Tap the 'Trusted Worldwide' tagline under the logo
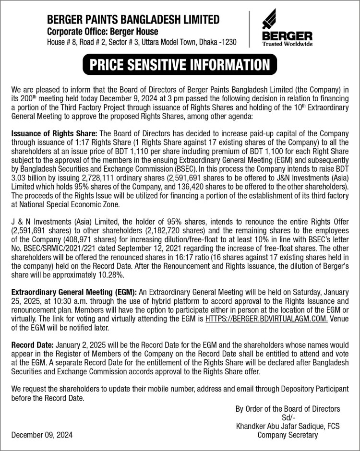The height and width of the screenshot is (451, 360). tap(287, 44)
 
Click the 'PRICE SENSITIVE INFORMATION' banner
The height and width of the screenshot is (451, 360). tap(180, 64)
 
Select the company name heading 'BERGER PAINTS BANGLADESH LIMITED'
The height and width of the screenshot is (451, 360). tap(133, 20)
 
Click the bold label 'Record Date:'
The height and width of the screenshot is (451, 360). tap(33, 344)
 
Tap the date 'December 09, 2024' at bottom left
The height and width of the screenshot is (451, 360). tap(42, 435)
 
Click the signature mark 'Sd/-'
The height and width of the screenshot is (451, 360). tap(288, 417)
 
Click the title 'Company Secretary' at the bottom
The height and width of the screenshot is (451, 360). tap(288, 435)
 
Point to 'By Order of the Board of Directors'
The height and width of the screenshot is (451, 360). tap(288, 409)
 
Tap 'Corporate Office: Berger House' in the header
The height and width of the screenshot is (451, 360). tap(102, 31)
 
